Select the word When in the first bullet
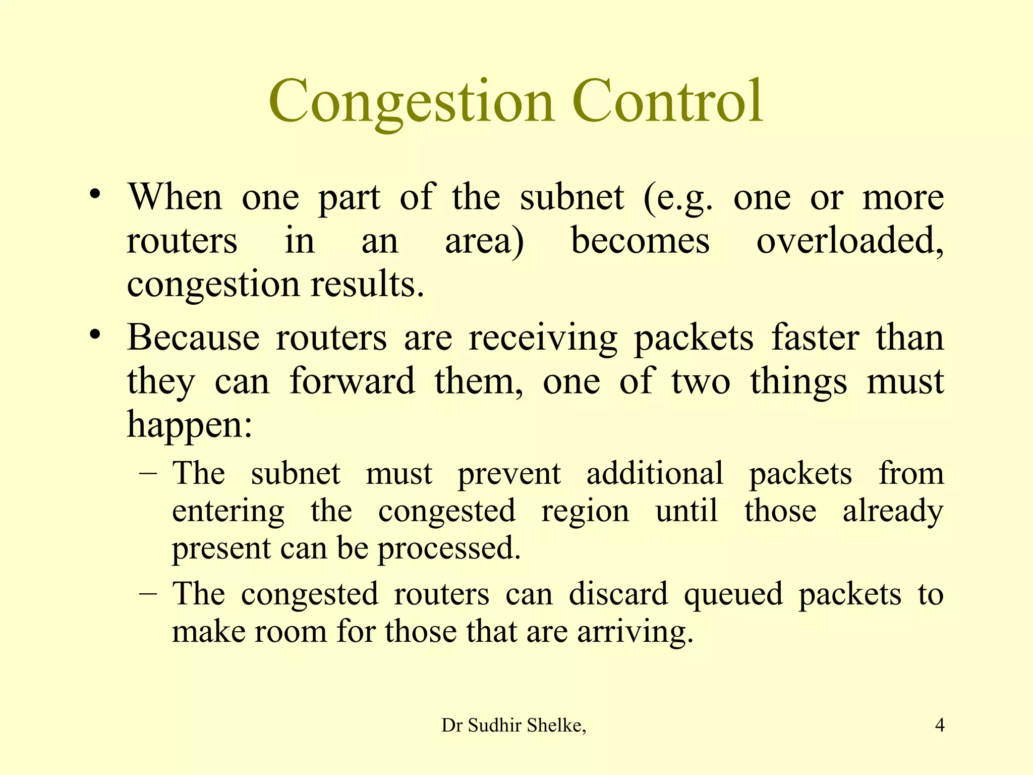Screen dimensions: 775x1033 [x=175, y=197]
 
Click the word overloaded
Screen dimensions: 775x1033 [x=849, y=241]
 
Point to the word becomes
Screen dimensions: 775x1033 [x=640, y=241]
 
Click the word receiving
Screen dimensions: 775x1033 [x=543, y=338]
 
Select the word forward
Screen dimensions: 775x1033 [x=353, y=381]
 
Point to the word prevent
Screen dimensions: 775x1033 [x=509, y=474]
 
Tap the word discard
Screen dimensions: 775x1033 [x=618, y=594]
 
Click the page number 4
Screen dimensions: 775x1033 [x=939, y=726]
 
